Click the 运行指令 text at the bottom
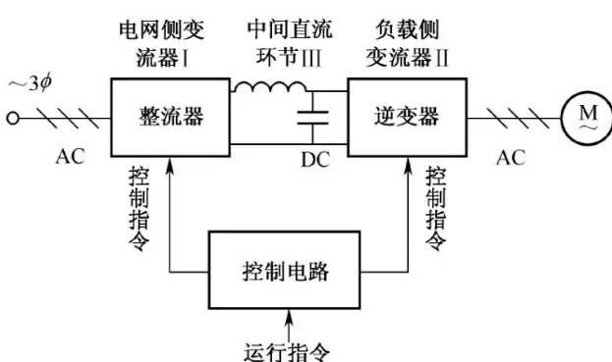[x=290, y=348]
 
